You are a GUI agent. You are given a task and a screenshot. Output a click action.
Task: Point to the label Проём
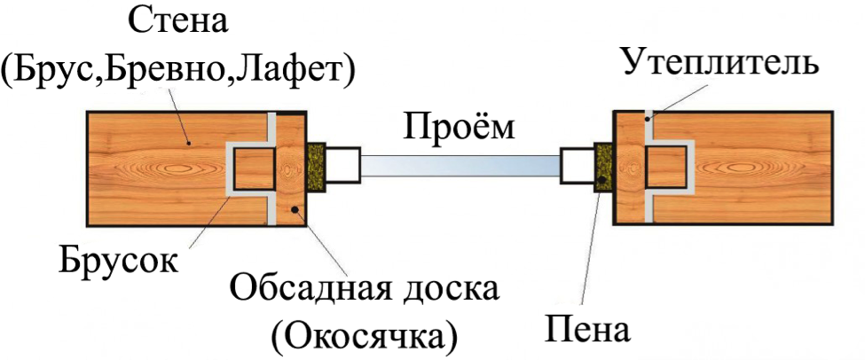[460, 126]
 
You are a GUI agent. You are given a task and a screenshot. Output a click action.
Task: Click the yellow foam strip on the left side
[316, 167]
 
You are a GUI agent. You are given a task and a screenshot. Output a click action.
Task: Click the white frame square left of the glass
[342, 165]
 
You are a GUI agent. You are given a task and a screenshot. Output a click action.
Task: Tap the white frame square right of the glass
[577, 165]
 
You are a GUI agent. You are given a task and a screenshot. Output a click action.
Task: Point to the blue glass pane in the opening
[460, 166]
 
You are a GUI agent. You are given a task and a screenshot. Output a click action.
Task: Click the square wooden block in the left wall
[253, 168]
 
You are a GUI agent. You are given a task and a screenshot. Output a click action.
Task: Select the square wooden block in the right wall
[666, 167]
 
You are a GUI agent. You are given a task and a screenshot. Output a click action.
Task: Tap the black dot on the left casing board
[295, 209]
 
